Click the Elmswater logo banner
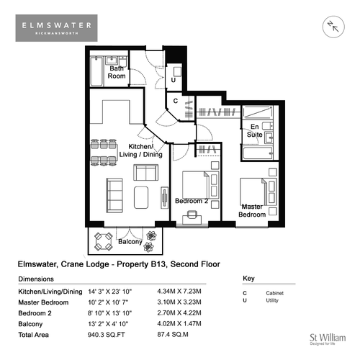(x=56, y=28)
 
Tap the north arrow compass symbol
(x=333, y=27)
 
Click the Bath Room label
(x=117, y=72)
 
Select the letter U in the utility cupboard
(x=174, y=80)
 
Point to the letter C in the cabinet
(x=176, y=101)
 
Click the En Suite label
(x=255, y=130)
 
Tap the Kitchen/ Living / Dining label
(x=141, y=150)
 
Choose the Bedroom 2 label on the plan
(x=192, y=201)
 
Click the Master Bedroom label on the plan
(x=252, y=210)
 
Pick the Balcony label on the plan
(x=130, y=241)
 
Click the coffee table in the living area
(x=141, y=197)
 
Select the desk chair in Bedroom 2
(x=192, y=215)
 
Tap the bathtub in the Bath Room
(x=96, y=71)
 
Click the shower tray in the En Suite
(x=258, y=112)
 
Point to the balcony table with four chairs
(x=104, y=241)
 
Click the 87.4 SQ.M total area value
(x=173, y=334)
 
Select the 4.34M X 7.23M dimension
(x=179, y=292)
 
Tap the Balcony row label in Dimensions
(x=30, y=324)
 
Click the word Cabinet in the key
(x=275, y=293)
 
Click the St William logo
(x=328, y=339)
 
